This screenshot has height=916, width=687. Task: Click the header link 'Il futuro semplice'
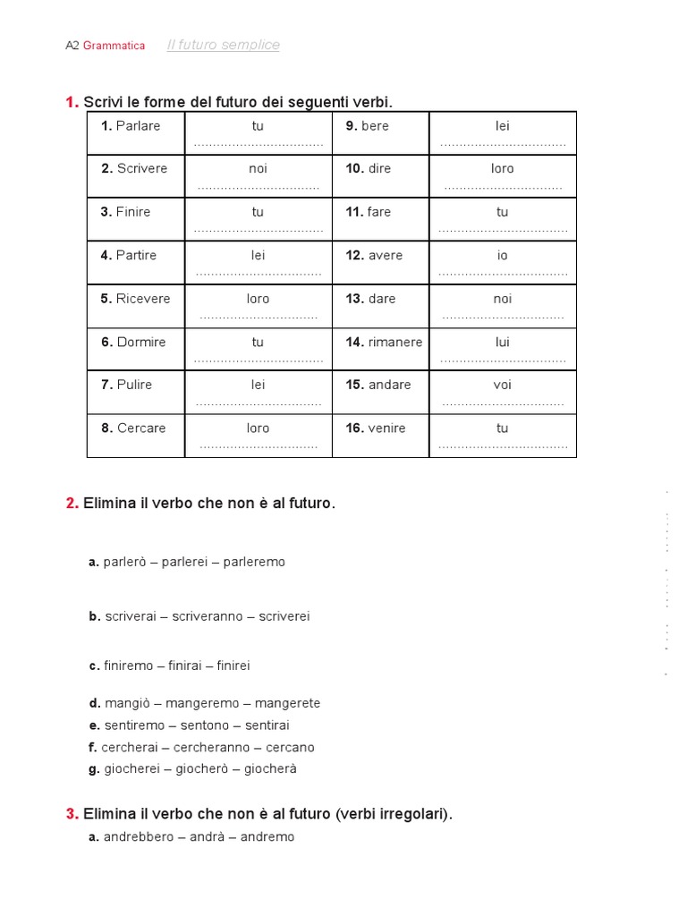[223, 46]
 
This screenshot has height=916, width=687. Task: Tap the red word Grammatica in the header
[114, 46]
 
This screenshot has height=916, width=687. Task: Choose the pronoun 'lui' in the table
[502, 342]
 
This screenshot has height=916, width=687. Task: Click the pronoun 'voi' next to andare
[502, 385]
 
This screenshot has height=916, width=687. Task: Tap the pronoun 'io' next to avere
[502, 256]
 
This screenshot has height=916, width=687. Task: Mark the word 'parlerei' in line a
[184, 562]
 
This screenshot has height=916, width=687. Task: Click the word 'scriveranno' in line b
[208, 616]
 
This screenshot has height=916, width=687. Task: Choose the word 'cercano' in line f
[287, 747]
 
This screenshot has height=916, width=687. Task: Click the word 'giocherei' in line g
[131, 768]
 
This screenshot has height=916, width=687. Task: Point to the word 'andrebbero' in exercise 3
[135, 836]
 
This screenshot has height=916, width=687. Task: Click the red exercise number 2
[72, 503]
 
